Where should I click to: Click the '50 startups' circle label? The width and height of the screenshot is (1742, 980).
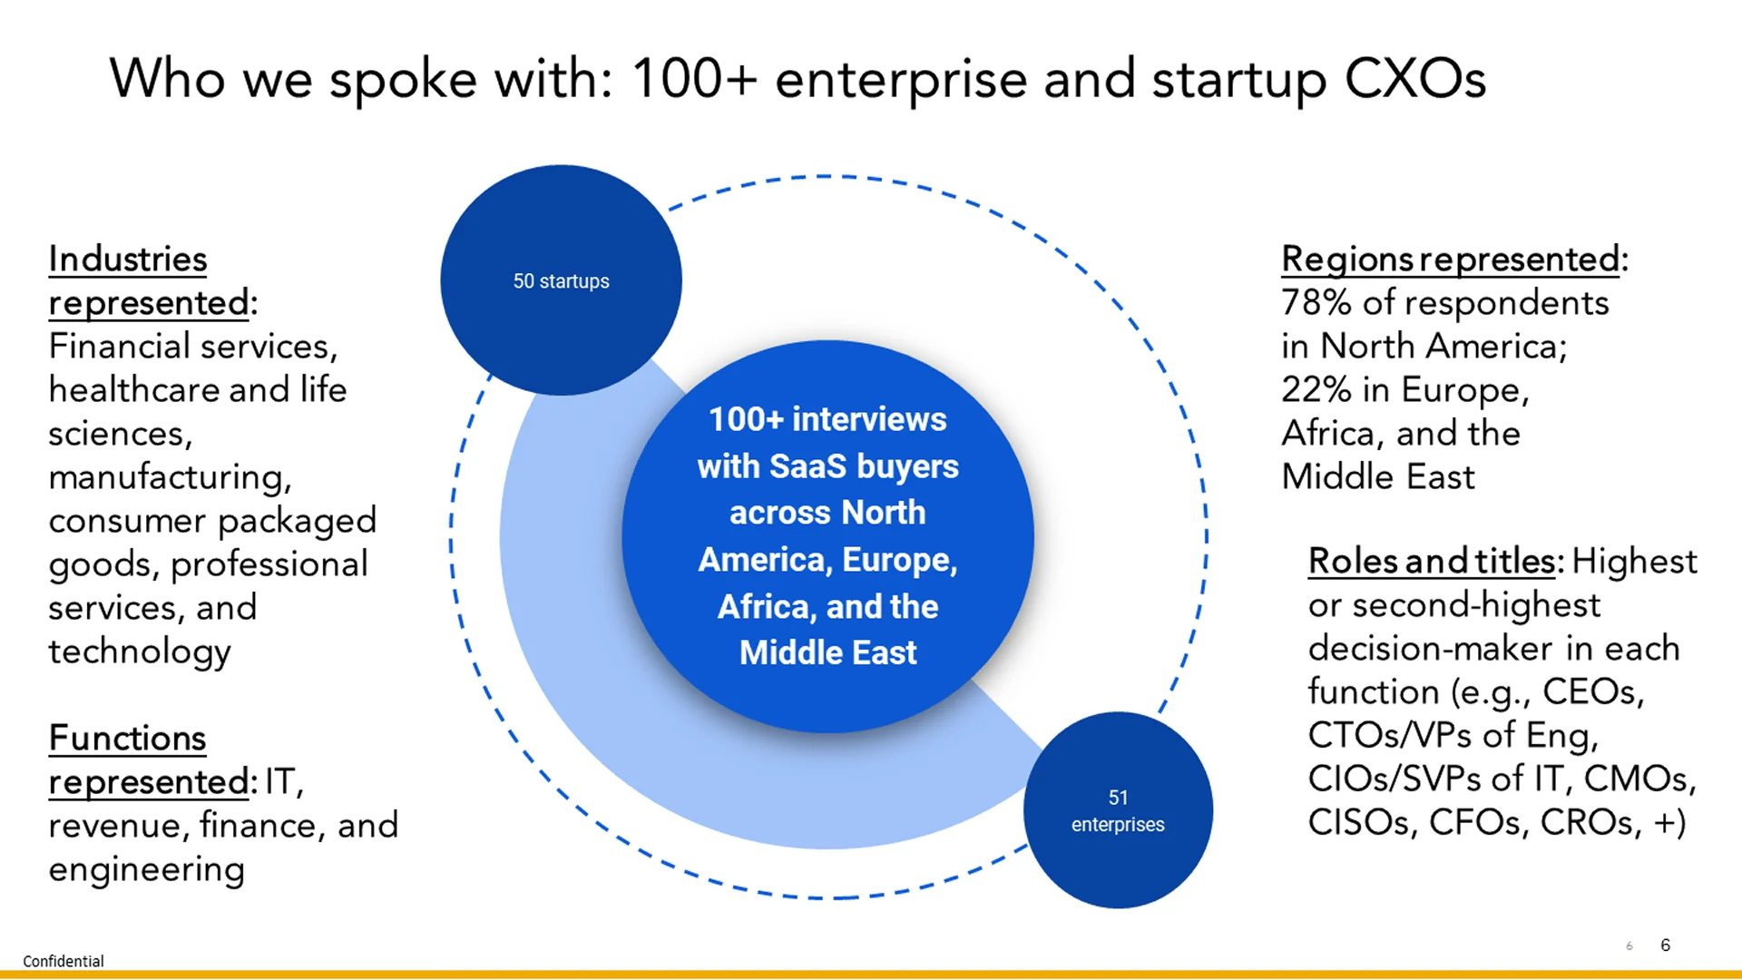point(561,281)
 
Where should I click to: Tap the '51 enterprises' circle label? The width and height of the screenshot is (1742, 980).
point(1118,811)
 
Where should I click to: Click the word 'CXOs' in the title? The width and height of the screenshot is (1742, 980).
point(1414,79)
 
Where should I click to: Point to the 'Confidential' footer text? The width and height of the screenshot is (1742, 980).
point(64,961)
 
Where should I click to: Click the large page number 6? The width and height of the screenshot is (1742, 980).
point(1665,945)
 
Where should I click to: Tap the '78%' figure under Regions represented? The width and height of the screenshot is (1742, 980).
point(1316,303)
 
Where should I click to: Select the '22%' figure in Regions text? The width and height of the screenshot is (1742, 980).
point(1316,390)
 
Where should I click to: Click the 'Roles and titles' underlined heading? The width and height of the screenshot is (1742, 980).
point(1431,562)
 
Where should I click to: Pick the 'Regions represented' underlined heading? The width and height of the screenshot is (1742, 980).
point(1450,260)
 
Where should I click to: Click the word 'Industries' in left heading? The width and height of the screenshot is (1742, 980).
point(128,260)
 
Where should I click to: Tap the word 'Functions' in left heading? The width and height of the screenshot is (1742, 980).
point(128,739)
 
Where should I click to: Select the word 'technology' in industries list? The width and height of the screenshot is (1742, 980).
point(140,652)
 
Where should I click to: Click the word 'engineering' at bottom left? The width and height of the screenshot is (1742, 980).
point(147,869)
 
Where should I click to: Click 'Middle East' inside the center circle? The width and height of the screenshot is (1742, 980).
point(827,652)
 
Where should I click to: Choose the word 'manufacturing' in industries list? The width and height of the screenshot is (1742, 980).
point(170,477)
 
